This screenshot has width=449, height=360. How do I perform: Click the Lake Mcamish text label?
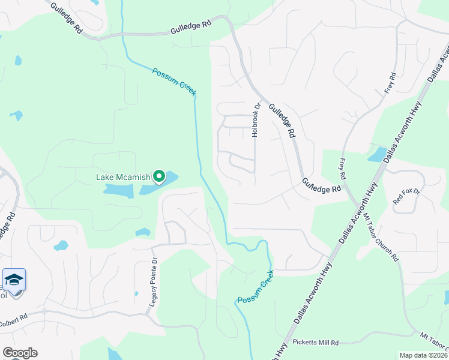click(123, 177)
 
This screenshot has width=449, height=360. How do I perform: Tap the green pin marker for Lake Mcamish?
click(159, 176)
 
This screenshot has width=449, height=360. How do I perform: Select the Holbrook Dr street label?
click(256, 119)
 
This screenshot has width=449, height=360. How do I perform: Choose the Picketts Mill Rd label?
click(316, 343)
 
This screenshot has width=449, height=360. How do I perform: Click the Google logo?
click(20, 353)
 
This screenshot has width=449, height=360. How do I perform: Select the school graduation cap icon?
click(14, 280)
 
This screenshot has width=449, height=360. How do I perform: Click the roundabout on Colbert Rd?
click(44, 312)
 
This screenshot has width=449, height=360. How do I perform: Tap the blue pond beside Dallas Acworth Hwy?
click(377, 155)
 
